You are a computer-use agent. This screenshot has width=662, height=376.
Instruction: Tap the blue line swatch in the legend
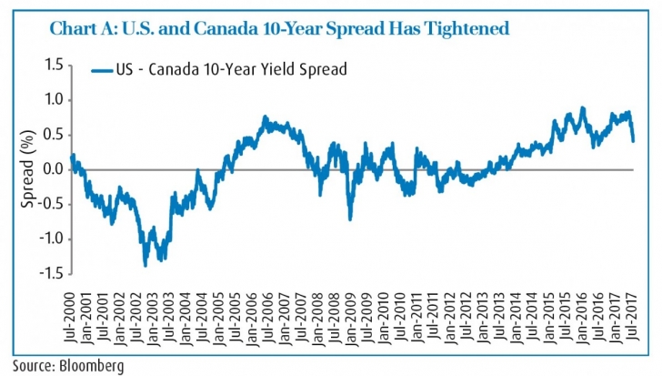point(101,69)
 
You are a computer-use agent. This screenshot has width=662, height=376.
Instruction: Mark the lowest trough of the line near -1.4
point(145,265)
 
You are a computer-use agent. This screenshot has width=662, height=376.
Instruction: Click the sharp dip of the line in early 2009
point(349,218)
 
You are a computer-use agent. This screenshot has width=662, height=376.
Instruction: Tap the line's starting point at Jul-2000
point(72,156)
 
